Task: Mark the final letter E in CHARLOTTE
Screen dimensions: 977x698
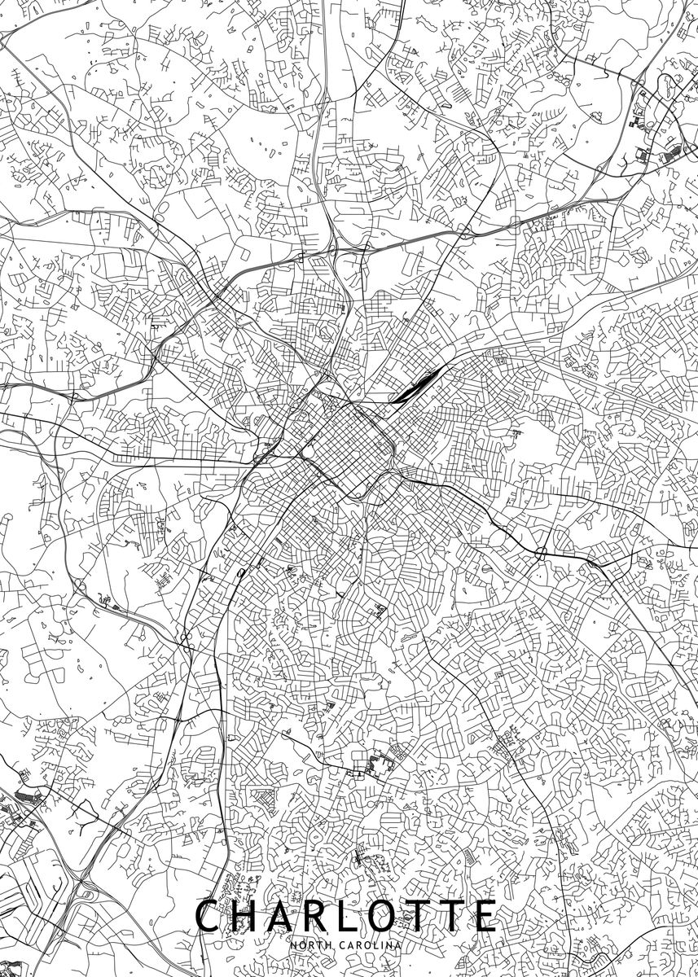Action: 486,916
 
